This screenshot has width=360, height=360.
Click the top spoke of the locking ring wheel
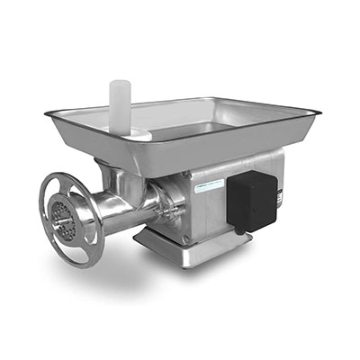[69, 184]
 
